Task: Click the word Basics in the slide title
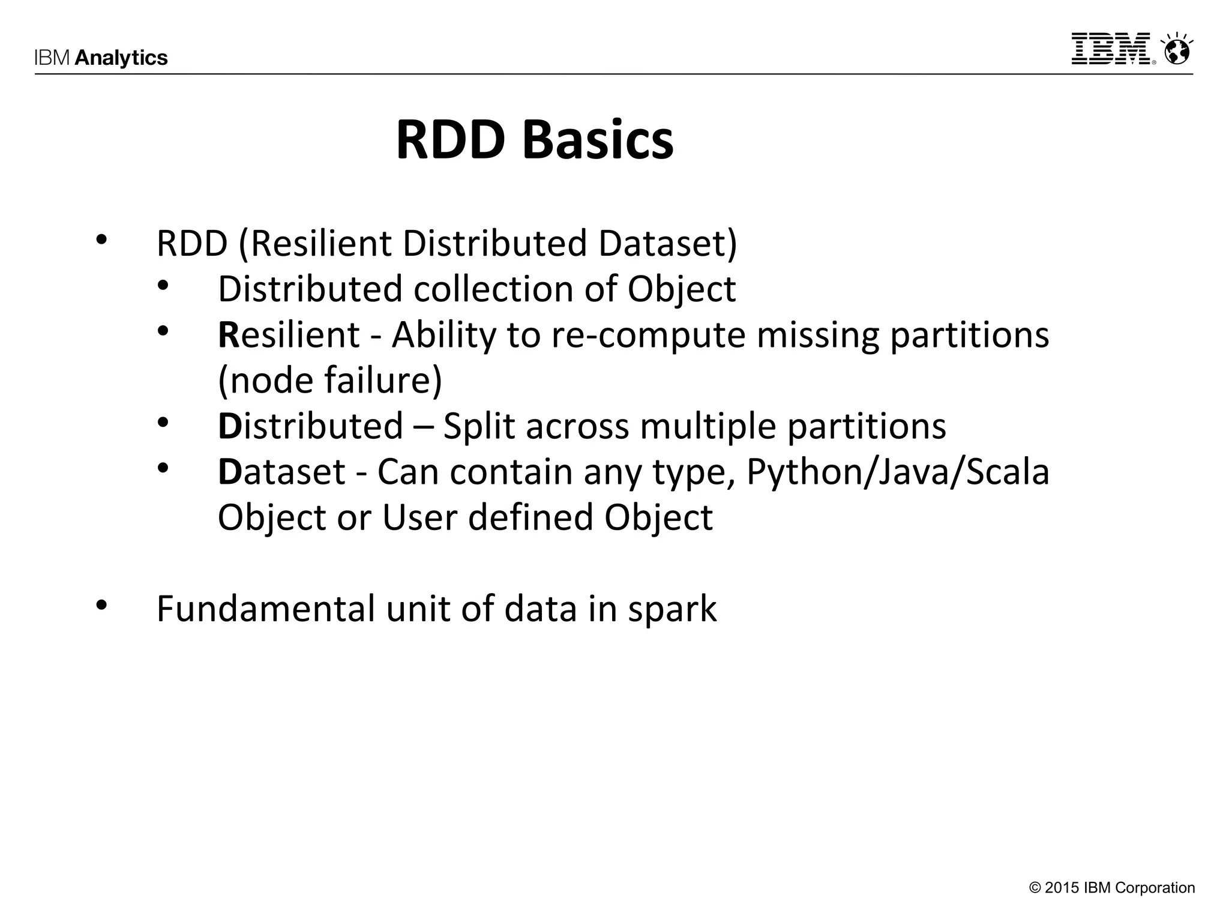click(598, 140)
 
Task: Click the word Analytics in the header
click(122, 58)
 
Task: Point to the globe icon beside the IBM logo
click(1177, 49)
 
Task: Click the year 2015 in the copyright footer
click(1062, 888)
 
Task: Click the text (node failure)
click(329, 381)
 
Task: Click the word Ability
click(444, 335)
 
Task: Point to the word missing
click(817, 335)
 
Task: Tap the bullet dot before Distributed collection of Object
click(163, 285)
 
